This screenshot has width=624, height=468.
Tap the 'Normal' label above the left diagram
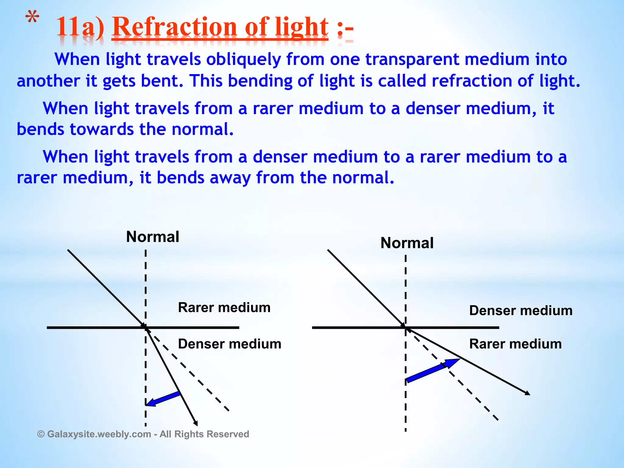click(153, 237)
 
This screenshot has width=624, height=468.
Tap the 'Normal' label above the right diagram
click(407, 243)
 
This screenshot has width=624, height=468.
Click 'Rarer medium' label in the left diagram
click(224, 307)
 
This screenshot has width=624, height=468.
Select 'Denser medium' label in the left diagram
click(229, 344)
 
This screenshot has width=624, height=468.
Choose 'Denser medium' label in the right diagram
click(521, 311)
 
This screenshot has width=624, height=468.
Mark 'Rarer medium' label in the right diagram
click(515, 344)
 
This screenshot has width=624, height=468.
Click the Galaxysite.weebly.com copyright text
click(143, 434)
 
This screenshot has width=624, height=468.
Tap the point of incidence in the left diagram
click(146, 328)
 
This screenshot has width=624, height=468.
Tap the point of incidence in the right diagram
click(406, 328)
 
